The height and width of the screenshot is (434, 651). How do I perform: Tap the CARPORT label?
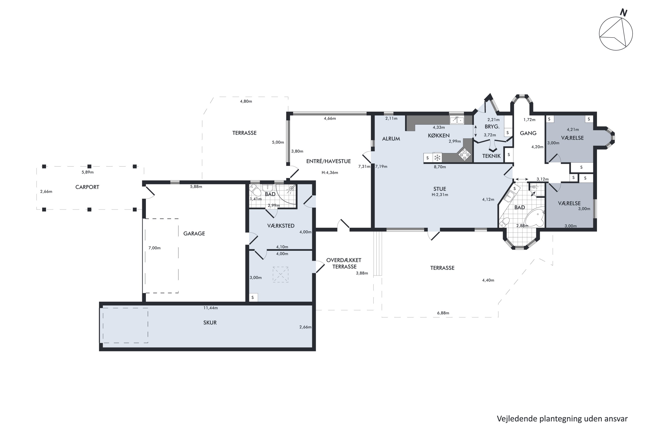click(x=87, y=187)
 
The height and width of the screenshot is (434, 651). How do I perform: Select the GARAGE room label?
click(x=194, y=234)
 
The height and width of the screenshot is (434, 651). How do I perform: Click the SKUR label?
click(x=210, y=323)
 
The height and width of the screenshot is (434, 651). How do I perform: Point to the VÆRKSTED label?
click(x=281, y=226)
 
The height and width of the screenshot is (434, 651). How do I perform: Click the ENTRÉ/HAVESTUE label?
click(x=328, y=161)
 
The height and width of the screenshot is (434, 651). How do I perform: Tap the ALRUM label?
click(x=391, y=139)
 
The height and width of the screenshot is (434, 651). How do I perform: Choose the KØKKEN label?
click(x=439, y=135)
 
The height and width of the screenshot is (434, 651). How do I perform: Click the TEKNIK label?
click(x=491, y=156)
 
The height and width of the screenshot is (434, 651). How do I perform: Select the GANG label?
click(x=528, y=133)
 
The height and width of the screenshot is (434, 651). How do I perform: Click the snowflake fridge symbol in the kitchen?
click(x=437, y=158)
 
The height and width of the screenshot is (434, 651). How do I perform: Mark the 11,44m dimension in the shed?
click(x=211, y=308)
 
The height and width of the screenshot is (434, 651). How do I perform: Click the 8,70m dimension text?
click(x=440, y=167)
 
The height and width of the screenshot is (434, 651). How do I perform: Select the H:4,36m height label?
click(x=330, y=173)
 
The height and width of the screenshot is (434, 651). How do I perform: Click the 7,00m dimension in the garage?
click(x=155, y=248)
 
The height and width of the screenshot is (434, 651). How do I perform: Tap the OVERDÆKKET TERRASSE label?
click(x=344, y=263)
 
